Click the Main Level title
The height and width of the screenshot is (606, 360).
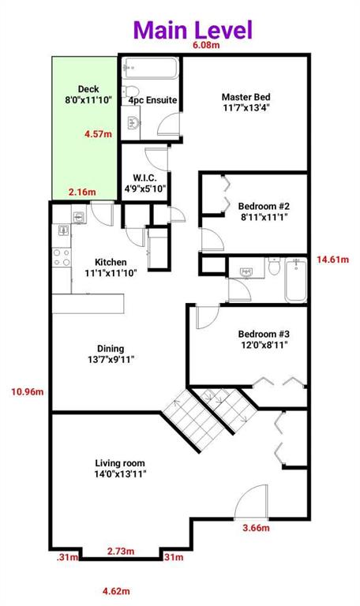193,30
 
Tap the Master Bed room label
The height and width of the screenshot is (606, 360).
246,102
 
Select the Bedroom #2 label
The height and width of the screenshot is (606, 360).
264,211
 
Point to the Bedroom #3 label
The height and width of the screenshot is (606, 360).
264,339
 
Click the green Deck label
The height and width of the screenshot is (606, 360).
88,94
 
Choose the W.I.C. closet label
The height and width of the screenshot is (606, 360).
144,184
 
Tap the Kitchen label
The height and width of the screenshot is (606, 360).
111,267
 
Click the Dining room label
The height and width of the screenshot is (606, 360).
111,353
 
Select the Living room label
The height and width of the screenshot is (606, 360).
120,468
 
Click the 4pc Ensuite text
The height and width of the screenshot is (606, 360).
152,100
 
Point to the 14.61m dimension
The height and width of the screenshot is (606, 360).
333,260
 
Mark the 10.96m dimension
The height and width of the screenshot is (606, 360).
28,392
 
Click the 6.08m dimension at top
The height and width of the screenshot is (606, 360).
206,45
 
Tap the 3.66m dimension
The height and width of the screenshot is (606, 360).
256,528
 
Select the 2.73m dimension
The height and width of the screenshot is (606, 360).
121,551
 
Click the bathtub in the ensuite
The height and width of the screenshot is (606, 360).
151,69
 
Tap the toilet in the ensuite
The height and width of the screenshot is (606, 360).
128,92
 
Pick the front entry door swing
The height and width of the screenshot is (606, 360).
251,502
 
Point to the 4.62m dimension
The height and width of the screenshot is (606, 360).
116,591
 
